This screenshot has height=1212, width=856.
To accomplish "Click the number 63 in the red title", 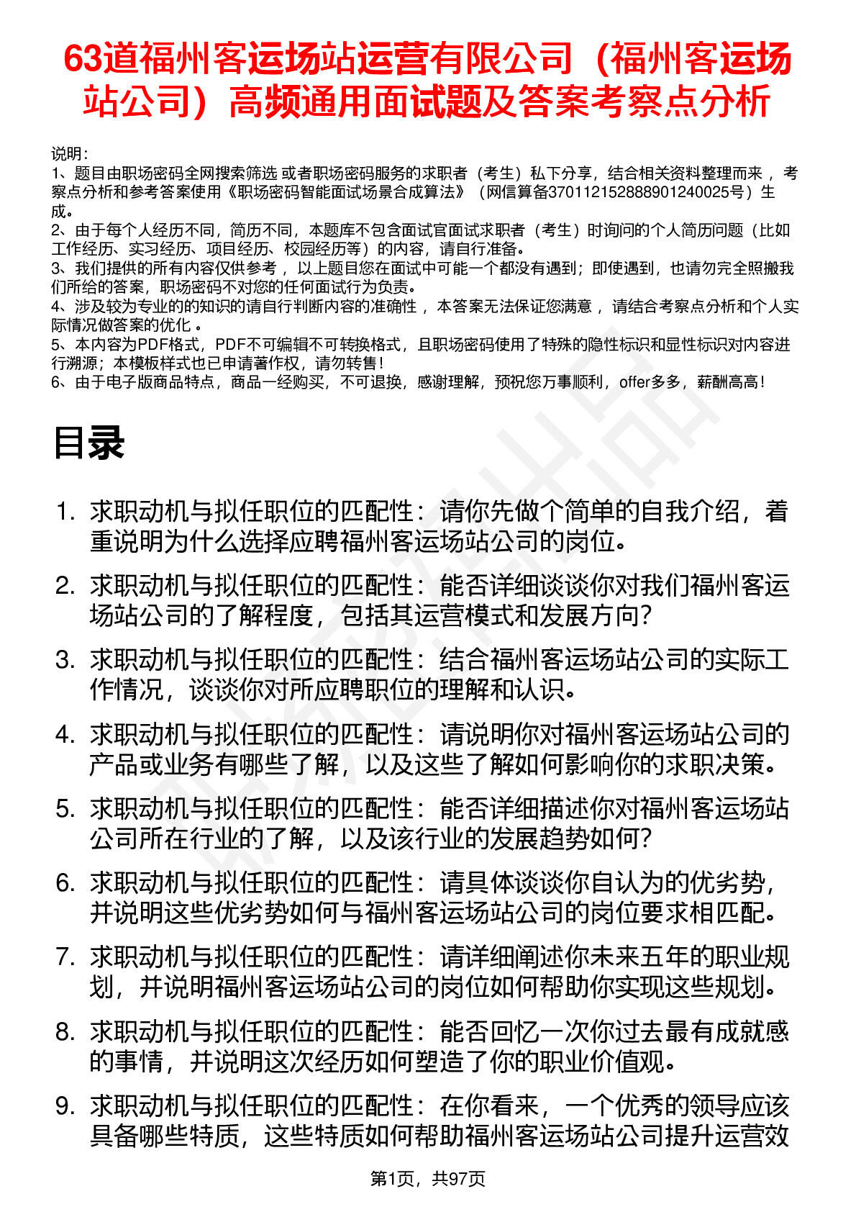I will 82,59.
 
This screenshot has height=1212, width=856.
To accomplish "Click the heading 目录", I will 88,443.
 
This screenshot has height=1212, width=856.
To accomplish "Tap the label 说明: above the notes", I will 69,154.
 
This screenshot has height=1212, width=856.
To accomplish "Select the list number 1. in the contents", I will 65,512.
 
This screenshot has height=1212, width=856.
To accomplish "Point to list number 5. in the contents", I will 65,809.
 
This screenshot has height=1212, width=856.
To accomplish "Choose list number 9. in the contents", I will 65,1106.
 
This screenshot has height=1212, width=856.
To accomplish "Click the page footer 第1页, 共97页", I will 427,1179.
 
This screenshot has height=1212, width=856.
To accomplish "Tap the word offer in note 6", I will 634,382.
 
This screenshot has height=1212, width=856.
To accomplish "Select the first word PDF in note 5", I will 152,345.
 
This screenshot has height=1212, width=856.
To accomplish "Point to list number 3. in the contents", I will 65,660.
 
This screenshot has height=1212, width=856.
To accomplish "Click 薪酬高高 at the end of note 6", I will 726,382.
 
